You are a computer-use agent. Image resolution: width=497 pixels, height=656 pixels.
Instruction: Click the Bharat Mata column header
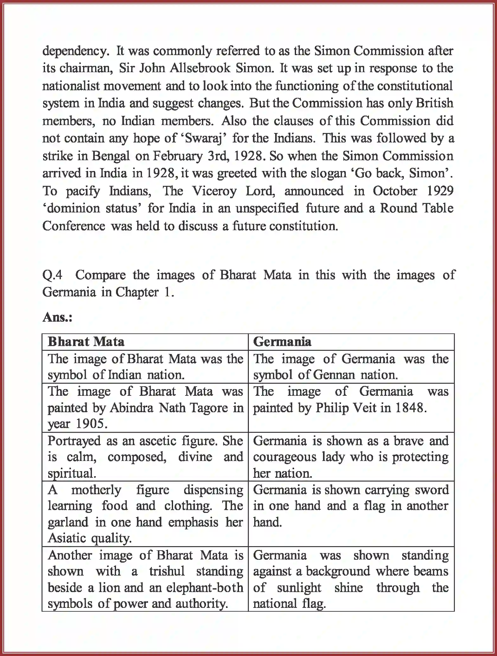(86, 342)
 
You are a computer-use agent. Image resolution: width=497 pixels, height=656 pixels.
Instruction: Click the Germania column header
(282, 342)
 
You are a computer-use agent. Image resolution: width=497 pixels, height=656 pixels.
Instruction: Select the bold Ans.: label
(57, 317)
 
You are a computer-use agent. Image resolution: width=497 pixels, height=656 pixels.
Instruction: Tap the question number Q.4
(52, 275)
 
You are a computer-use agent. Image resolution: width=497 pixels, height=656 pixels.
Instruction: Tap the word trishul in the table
(167, 571)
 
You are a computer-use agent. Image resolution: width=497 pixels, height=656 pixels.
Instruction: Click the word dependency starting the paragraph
(76, 51)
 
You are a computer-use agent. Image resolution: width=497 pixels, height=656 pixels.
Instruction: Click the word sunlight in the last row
(299, 588)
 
